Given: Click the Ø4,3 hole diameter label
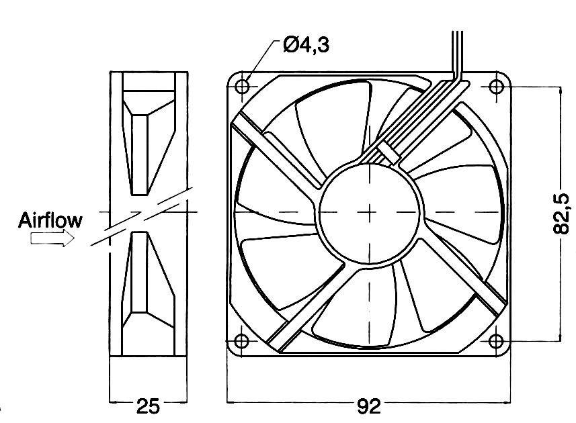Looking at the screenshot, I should [306, 46].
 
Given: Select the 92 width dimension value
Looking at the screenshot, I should [369, 405].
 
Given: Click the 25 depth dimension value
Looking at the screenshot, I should [148, 405].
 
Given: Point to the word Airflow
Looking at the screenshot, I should [50, 220].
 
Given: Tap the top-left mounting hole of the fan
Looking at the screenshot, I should [243, 86].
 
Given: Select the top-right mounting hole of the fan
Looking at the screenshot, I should [496, 86].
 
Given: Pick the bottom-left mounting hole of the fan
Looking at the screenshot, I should [243, 340].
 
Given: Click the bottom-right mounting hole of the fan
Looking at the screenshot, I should [496, 340].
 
